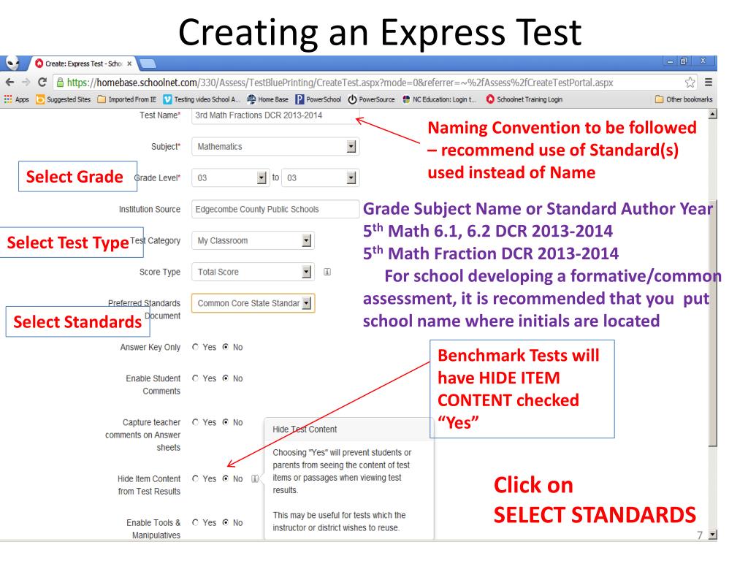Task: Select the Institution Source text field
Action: pos(275,210)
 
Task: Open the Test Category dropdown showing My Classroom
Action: pos(252,240)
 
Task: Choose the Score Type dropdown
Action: pos(252,272)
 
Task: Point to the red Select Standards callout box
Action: pos(73,321)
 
